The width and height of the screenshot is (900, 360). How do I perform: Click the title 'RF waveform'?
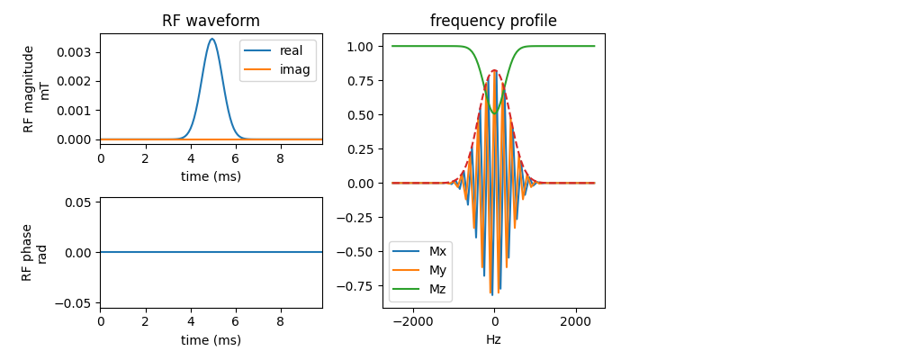[x=211, y=22]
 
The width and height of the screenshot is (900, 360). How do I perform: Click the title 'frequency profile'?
[x=493, y=22]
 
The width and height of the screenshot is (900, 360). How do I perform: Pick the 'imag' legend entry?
[x=277, y=69]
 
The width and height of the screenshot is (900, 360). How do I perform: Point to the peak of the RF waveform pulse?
[x=211, y=39]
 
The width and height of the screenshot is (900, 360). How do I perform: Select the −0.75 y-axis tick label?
[x=359, y=285]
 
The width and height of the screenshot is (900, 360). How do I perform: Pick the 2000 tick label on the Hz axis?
[x=576, y=319]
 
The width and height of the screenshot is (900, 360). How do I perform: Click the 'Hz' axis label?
[x=493, y=338]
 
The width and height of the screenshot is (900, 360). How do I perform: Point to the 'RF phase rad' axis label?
[x=32, y=253]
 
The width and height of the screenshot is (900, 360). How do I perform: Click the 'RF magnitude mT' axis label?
[x=34, y=89]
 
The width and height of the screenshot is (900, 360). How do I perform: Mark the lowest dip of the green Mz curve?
[x=493, y=113]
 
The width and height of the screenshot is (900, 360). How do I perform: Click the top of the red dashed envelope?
[x=493, y=70]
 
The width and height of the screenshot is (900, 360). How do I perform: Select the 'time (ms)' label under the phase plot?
[x=211, y=340]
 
